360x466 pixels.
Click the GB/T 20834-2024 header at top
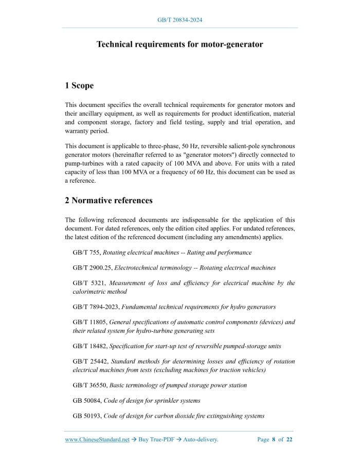[x=179, y=20]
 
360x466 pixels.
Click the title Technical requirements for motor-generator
[x=179, y=44]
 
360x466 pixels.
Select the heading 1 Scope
[x=79, y=85]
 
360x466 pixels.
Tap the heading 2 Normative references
[x=109, y=200]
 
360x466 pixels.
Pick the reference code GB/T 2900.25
[x=92, y=267]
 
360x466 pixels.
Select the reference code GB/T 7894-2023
[x=96, y=307]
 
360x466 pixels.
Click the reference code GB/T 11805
[x=89, y=322]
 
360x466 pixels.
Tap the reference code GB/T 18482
[x=89, y=346]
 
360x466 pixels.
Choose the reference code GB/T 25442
[x=89, y=361]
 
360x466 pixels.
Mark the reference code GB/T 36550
[x=89, y=385]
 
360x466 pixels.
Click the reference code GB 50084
[x=86, y=400]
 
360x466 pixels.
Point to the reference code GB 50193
[x=86, y=416]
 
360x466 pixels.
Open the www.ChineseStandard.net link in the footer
[x=97, y=440]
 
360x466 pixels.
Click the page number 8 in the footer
[x=274, y=440]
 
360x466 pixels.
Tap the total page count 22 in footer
[x=290, y=440]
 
